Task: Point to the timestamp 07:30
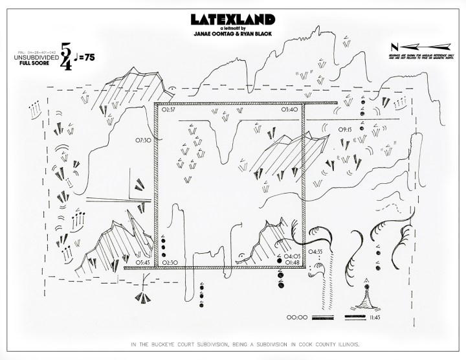tap(143, 139)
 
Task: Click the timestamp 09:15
tap(345, 129)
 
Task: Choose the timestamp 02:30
tap(170, 262)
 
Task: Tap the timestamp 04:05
tap(293, 256)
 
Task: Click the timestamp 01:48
tap(293, 262)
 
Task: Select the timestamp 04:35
tap(315, 251)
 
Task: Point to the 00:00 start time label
tap(296, 318)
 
